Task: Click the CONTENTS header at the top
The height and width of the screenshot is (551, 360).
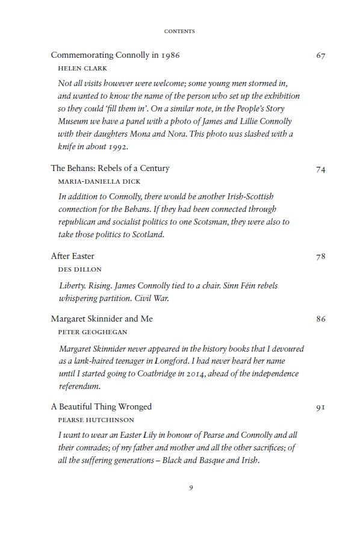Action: (179, 31)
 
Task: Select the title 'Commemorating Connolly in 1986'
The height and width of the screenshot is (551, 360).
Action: (115, 55)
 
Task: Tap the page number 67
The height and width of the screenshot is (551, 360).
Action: (320, 55)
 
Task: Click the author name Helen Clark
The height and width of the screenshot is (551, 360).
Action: (78, 69)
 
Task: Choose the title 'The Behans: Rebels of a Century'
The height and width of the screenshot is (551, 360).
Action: (110, 169)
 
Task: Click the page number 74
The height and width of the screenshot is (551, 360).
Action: (320, 169)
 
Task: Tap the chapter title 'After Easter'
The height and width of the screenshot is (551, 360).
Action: (72, 257)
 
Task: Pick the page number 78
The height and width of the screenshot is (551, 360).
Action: (320, 257)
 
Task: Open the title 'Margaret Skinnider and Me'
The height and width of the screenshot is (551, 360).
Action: (102, 319)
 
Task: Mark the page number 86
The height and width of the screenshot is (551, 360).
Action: (320, 319)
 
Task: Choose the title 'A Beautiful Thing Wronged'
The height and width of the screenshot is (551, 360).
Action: (101, 406)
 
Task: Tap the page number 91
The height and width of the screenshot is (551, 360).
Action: (320, 408)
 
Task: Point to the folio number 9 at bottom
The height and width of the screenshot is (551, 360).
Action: (191, 488)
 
